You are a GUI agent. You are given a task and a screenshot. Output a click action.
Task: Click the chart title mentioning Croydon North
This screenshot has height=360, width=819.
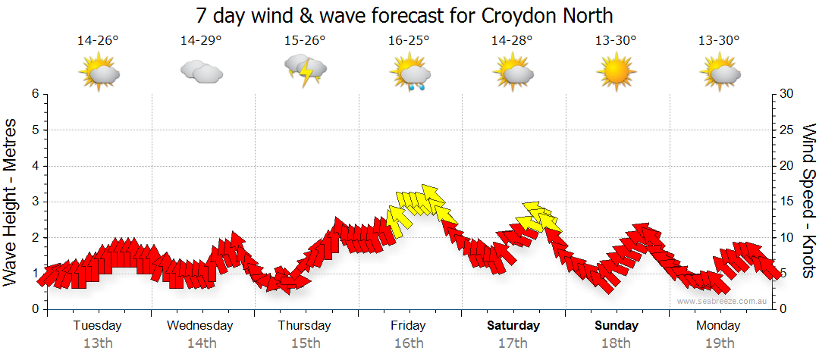404,15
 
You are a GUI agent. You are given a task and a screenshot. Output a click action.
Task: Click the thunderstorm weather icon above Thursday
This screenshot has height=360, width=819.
305,70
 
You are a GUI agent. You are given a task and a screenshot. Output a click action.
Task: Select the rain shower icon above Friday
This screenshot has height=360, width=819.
410,74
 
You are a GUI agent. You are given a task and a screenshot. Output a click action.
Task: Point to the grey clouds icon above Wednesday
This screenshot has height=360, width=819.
201,72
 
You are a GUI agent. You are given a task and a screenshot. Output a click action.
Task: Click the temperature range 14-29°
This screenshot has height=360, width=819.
201,41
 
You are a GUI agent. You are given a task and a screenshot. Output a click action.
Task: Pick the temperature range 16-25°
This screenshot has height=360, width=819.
409,41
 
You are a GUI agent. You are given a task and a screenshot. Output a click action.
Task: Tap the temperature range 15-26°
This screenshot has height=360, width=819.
305,41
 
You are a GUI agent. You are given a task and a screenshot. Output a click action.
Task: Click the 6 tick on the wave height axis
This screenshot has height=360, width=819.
34,94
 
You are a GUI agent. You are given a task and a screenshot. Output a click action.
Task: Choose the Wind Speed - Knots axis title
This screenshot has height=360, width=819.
808,202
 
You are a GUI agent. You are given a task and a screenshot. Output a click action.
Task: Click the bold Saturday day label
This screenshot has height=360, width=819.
513,326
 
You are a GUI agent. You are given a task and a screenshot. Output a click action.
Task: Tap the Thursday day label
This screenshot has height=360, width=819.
304,326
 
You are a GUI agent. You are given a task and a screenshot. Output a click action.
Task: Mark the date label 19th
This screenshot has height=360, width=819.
718,343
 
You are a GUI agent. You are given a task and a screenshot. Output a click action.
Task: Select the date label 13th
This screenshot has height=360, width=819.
97,343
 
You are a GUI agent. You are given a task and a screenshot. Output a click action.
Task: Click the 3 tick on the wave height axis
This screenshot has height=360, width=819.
34,202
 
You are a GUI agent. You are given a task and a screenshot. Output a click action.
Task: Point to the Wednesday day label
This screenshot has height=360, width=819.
200,326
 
